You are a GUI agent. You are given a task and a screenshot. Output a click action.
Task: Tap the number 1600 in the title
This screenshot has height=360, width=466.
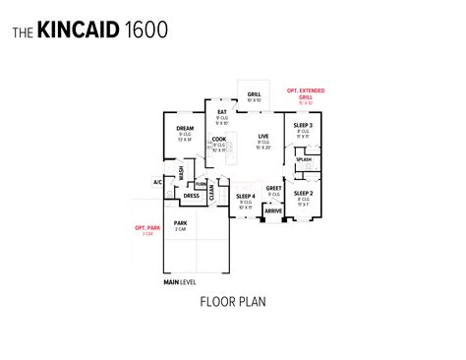[x=146, y=30]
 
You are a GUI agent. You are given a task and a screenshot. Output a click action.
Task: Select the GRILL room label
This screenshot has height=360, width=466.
[x=254, y=93]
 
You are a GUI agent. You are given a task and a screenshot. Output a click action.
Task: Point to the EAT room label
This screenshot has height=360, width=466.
[x=222, y=112]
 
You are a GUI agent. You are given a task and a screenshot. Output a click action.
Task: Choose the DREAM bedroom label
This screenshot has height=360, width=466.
[x=185, y=128]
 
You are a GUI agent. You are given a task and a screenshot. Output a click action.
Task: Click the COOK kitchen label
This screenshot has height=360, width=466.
[x=219, y=140]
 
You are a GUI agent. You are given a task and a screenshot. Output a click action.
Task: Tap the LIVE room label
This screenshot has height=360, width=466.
[x=263, y=136]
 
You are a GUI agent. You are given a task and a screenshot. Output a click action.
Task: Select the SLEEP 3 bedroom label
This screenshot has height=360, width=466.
[x=303, y=126]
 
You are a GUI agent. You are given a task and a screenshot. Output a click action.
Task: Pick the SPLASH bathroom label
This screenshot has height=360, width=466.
[x=304, y=159]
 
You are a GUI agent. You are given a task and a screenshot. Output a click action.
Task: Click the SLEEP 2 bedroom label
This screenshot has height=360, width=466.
[x=303, y=194]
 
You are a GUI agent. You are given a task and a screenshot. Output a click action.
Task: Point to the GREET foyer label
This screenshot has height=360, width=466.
[x=273, y=188]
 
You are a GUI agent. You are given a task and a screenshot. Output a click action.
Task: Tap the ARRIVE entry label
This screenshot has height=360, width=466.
[x=272, y=210]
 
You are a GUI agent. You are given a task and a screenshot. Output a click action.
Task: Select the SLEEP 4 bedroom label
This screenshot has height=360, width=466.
[x=245, y=197]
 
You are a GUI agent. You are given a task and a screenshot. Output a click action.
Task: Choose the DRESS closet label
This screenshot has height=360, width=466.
[x=191, y=196]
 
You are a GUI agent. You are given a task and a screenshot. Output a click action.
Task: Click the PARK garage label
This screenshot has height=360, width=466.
[x=180, y=224]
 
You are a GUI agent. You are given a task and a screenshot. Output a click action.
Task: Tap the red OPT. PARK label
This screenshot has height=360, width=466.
[x=146, y=230]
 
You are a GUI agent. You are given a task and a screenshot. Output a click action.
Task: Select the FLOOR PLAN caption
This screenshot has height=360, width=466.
[x=232, y=302]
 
